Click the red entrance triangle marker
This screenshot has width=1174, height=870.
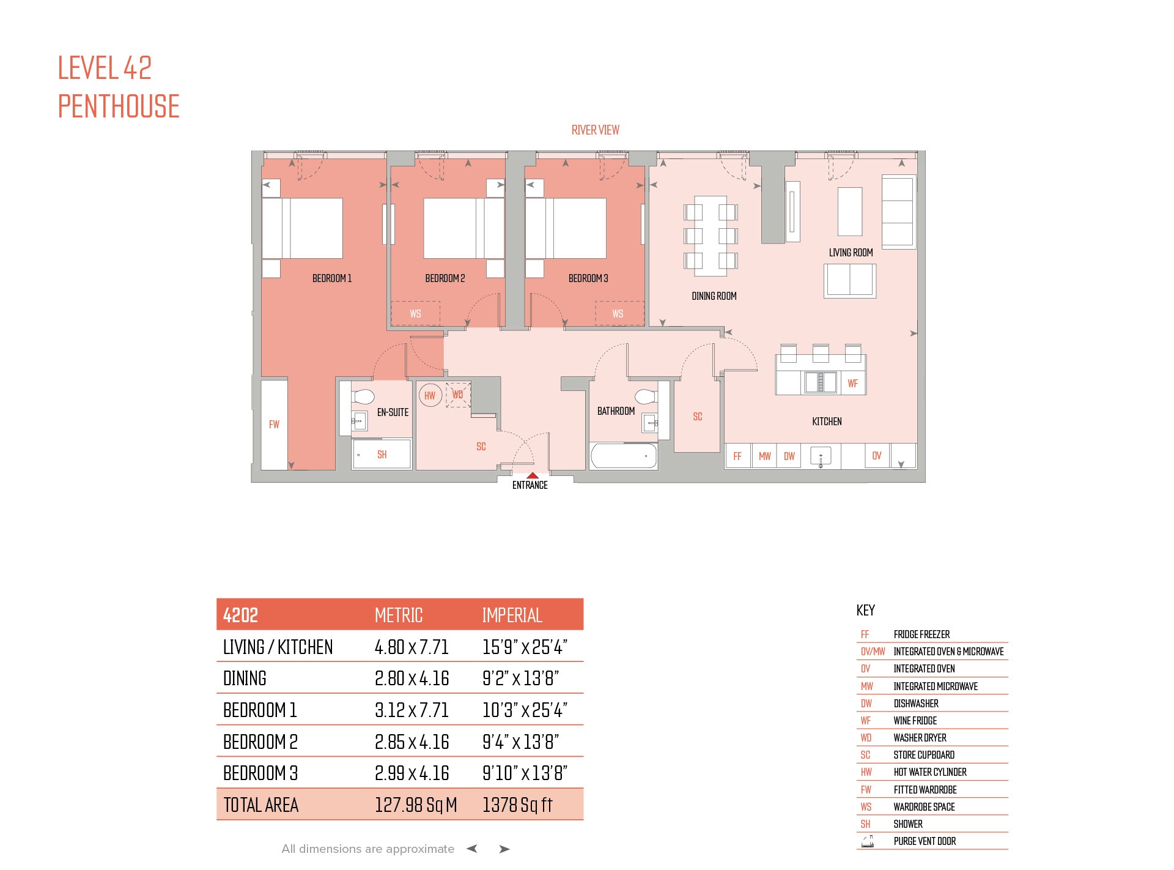coord(533,475)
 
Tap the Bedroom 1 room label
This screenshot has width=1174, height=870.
coord(332,278)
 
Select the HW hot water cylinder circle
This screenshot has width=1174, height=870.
coord(430,395)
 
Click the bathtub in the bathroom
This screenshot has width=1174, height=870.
coord(624,456)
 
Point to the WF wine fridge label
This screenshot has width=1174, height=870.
coord(853,384)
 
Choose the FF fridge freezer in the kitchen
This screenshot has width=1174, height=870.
coord(737,456)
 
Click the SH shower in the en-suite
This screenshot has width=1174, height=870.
coord(382,455)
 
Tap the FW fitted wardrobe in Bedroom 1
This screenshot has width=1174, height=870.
coord(274,425)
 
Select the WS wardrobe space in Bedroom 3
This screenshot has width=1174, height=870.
coord(619,313)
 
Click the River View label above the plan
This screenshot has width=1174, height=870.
coord(595,130)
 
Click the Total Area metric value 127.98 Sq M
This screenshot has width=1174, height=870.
coord(416,805)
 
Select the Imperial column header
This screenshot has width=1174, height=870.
coord(512,615)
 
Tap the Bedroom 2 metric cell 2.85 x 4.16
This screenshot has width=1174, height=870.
coord(412,742)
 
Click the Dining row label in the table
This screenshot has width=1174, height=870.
coord(245,679)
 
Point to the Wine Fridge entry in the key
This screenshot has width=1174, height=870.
coord(915,721)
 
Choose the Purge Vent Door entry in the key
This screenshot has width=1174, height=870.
coord(925,841)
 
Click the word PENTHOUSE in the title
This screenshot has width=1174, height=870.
coord(119,106)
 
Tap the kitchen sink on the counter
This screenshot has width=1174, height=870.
coord(821,456)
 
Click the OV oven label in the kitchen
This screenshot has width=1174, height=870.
coord(877,456)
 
